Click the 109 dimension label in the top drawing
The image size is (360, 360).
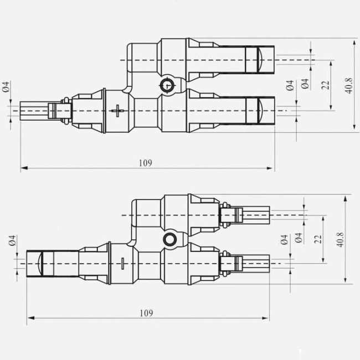145,163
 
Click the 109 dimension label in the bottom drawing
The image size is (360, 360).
146,313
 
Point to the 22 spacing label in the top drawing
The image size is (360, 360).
326,85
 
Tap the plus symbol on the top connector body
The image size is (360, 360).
117,110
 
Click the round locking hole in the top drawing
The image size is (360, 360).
166,85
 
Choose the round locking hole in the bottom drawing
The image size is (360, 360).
169,240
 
